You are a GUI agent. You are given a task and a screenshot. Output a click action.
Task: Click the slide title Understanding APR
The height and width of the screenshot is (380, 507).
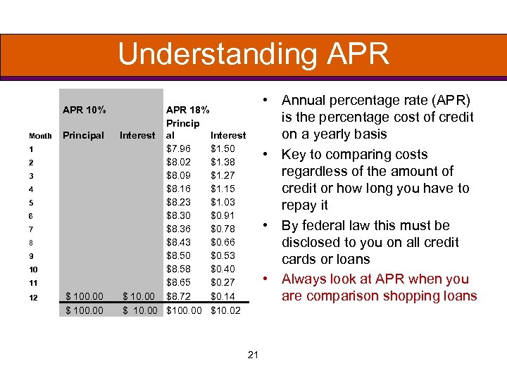point(254,54)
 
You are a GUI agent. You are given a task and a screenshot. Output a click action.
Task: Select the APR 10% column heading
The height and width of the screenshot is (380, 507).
point(84,109)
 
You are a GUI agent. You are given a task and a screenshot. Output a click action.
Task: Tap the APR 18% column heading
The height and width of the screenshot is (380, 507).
point(187,109)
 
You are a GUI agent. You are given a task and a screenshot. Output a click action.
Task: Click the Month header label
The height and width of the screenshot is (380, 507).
point(40,136)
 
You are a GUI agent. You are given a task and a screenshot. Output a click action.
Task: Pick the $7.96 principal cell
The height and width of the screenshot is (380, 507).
point(177,148)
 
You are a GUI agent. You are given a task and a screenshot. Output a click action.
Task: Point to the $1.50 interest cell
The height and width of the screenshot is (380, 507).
point(223,148)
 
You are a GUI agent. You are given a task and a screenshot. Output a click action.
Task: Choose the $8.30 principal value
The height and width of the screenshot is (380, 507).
point(177,215)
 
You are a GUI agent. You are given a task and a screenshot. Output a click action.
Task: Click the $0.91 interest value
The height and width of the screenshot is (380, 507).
point(223,215)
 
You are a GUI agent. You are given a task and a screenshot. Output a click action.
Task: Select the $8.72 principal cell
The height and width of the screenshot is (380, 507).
point(177,297)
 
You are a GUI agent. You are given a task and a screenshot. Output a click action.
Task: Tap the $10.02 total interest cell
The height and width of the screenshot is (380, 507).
point(226,310)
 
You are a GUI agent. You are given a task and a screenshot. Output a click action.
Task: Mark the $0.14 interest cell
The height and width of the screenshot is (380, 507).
point(223,297)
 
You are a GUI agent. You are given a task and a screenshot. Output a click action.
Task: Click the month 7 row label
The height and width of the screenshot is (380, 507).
point(32,229)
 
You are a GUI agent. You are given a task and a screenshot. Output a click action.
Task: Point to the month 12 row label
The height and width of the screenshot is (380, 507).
point(34,298)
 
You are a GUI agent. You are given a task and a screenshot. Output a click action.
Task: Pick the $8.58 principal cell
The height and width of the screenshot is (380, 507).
point(177,269)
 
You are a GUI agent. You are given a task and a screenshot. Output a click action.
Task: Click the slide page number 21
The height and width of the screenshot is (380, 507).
point(254,355)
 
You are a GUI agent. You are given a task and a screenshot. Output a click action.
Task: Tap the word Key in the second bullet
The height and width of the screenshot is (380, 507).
point(294,155)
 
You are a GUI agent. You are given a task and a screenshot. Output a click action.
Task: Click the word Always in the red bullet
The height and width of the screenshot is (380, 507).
point(304,279)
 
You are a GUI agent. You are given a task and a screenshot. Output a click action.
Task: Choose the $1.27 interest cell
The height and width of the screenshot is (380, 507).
point(223,175)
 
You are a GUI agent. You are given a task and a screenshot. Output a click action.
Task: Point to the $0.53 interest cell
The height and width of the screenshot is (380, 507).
point(223,255)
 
